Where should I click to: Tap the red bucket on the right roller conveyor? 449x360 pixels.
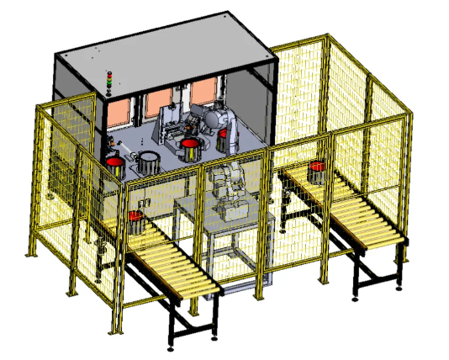coord(317,172)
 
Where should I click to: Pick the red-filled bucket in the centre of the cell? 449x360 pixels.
coord(190,150)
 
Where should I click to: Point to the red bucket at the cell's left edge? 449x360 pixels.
coord(114,164)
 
